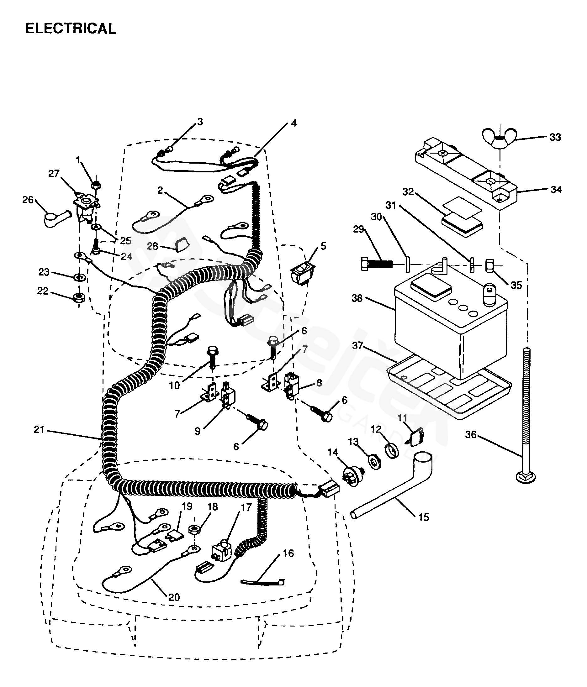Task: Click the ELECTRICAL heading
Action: coord(71,29)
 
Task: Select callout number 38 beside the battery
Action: coord(357,298)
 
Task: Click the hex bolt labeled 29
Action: coord(376,264)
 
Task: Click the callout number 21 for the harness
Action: coord(39,429)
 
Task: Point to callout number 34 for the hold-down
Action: coord(556,190)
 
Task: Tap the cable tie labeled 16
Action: coord(262,583)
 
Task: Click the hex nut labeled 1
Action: coord(96,185)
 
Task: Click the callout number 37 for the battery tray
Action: coord(357,345)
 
